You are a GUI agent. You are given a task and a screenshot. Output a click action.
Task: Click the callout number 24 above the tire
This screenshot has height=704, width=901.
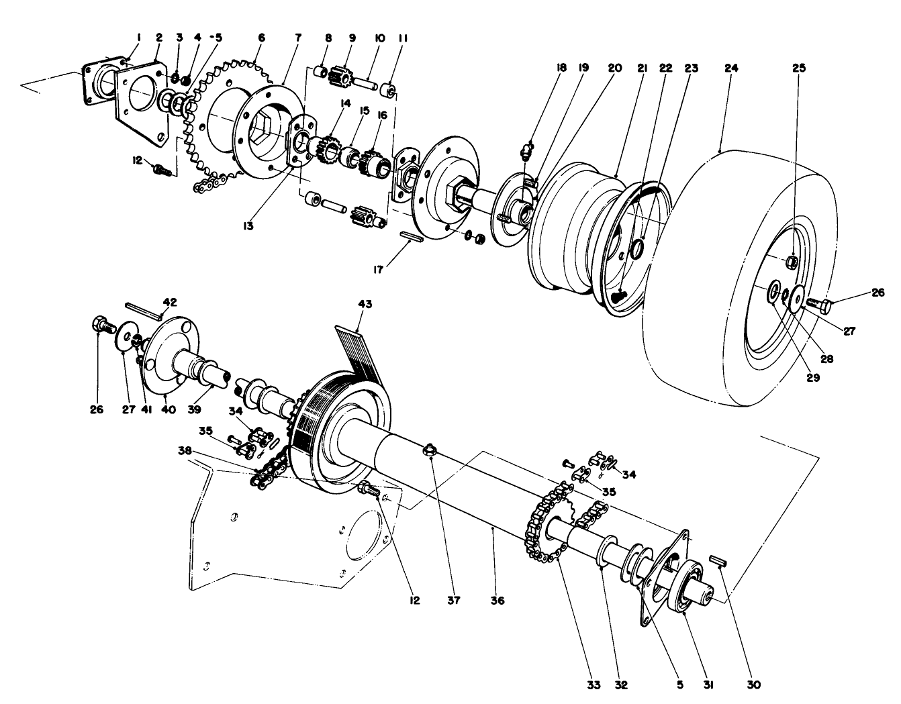click(x=731, y=68)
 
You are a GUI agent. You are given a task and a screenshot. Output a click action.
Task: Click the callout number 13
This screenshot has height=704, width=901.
click(x=248, y=226)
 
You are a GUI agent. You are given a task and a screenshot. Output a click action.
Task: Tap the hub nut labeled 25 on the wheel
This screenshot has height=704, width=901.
click(x=792, y=260)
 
